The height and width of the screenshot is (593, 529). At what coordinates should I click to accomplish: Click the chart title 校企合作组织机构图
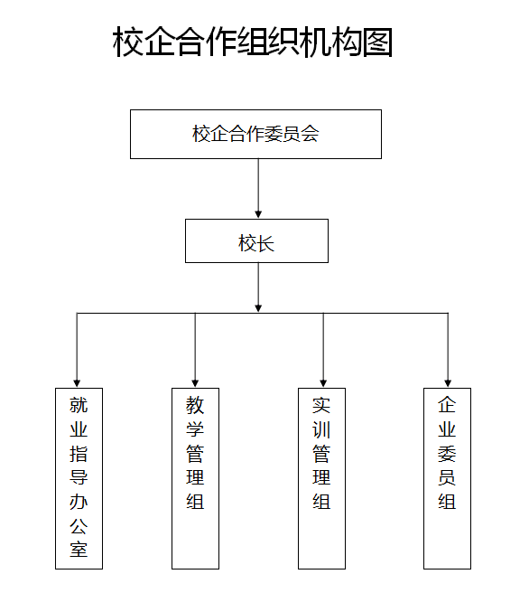point(253,42)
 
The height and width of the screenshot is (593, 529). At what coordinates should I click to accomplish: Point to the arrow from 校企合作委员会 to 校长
point(258,188)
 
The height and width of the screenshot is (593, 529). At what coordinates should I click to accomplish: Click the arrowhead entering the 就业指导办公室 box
point(77,383)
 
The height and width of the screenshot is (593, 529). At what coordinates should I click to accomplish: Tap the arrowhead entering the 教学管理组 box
point(195,383)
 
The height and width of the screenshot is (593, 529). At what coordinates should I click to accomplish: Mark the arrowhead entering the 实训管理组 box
point(323,383)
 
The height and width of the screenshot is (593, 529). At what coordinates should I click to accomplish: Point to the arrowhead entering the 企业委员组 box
point(448,383)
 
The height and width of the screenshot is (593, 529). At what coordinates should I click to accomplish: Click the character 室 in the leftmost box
point(79,550)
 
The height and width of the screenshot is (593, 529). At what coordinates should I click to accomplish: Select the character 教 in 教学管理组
point(195,405)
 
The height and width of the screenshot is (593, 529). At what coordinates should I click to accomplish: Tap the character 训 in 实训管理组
point(321,429)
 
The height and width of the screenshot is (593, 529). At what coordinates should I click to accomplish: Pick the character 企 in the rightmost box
point(447,405)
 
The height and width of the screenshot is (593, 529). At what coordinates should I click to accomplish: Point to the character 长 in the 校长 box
point(265,243)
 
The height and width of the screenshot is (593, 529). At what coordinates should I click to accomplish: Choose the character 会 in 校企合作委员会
point(310,134)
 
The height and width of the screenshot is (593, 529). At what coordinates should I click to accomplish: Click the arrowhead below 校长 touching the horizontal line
point(258,308)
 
